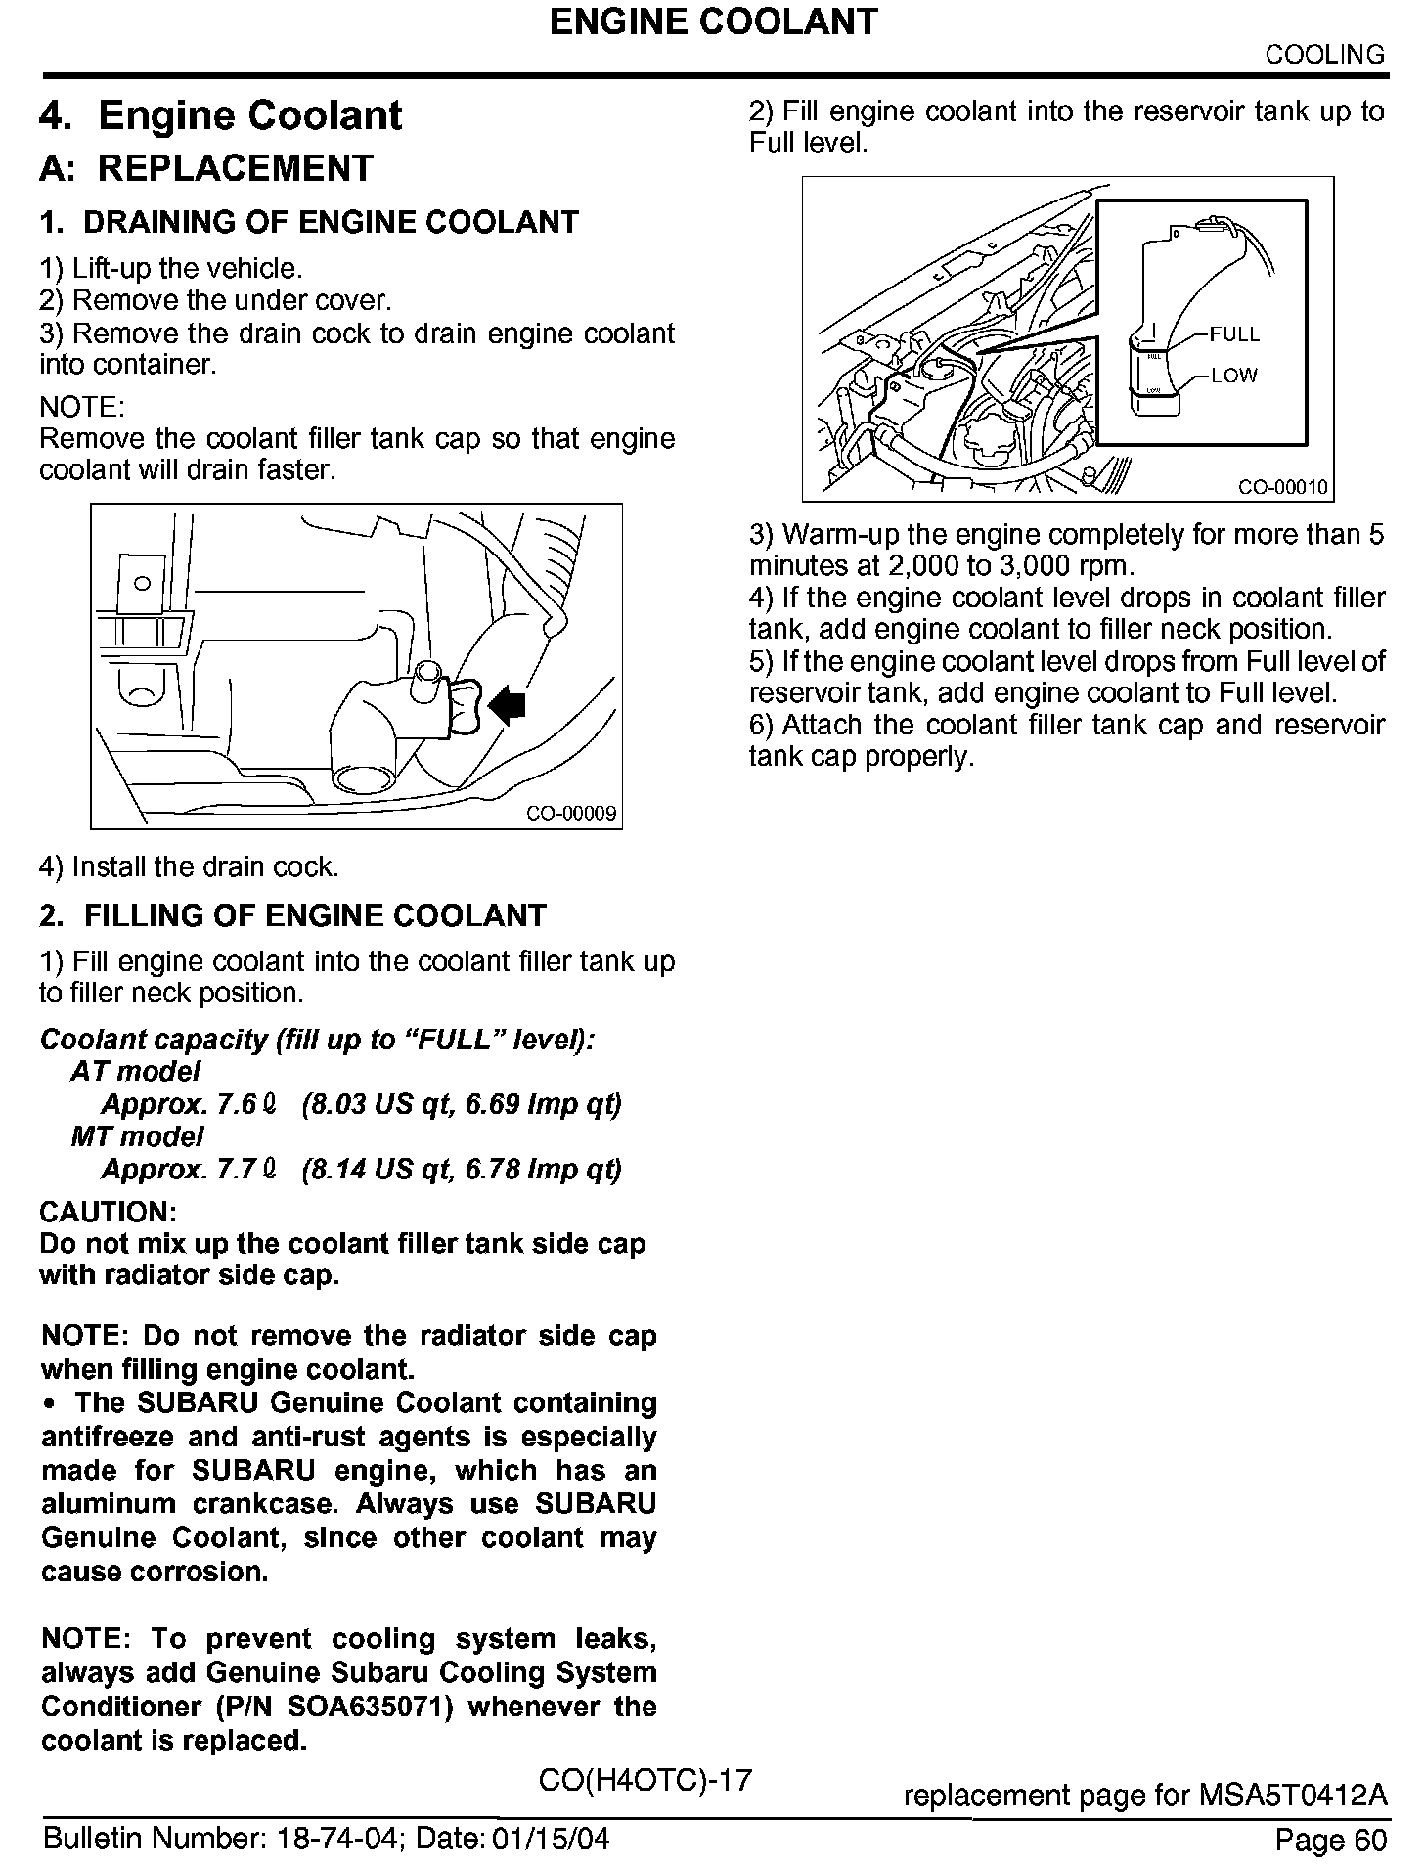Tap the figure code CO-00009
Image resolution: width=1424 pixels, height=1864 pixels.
(x=571, y=814)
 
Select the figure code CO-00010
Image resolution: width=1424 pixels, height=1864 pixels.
(x=1283, y=488)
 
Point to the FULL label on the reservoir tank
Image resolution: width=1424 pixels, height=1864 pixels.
(x=1234, y=334)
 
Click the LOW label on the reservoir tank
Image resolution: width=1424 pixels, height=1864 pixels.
(x=1233, y=376)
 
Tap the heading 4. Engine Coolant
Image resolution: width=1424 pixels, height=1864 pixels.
(x=220, y=115)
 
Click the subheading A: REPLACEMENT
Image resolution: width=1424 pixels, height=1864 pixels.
(x=206, y=168)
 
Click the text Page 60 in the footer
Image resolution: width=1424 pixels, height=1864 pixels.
(x=1330, y=1841)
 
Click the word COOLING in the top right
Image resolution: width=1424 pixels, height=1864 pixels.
(x=1325, y=55)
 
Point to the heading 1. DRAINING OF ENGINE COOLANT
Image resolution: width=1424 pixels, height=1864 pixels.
(x=309, y=223)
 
